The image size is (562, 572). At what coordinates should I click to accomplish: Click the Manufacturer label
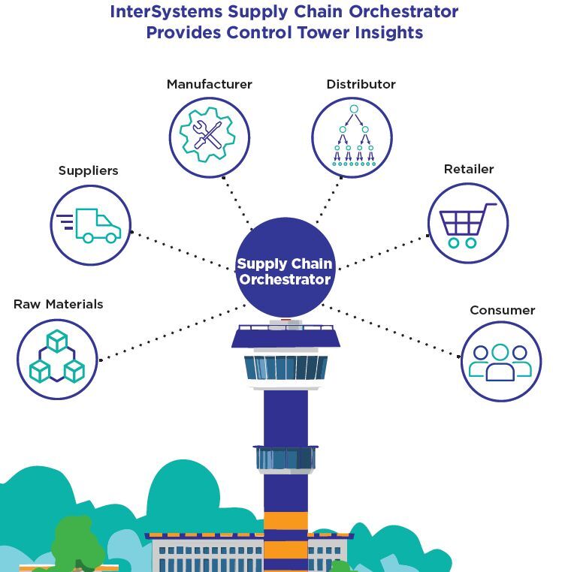pos(209,84)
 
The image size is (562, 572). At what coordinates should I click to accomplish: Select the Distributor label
pos(361,84)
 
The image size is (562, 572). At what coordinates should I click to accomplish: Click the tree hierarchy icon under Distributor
pos(352,137)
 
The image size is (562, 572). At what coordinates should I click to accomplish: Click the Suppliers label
pos(88,170)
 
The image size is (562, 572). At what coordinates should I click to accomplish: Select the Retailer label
pos(469,169)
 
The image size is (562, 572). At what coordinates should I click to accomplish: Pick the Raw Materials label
pos(58,304)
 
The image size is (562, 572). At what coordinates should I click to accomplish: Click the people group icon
pos(500,361)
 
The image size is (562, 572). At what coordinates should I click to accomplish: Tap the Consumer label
pos(502,310)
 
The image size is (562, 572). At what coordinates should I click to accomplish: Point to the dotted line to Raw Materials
pos(173,332)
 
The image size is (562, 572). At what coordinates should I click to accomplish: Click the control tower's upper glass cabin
pos(286,367)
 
